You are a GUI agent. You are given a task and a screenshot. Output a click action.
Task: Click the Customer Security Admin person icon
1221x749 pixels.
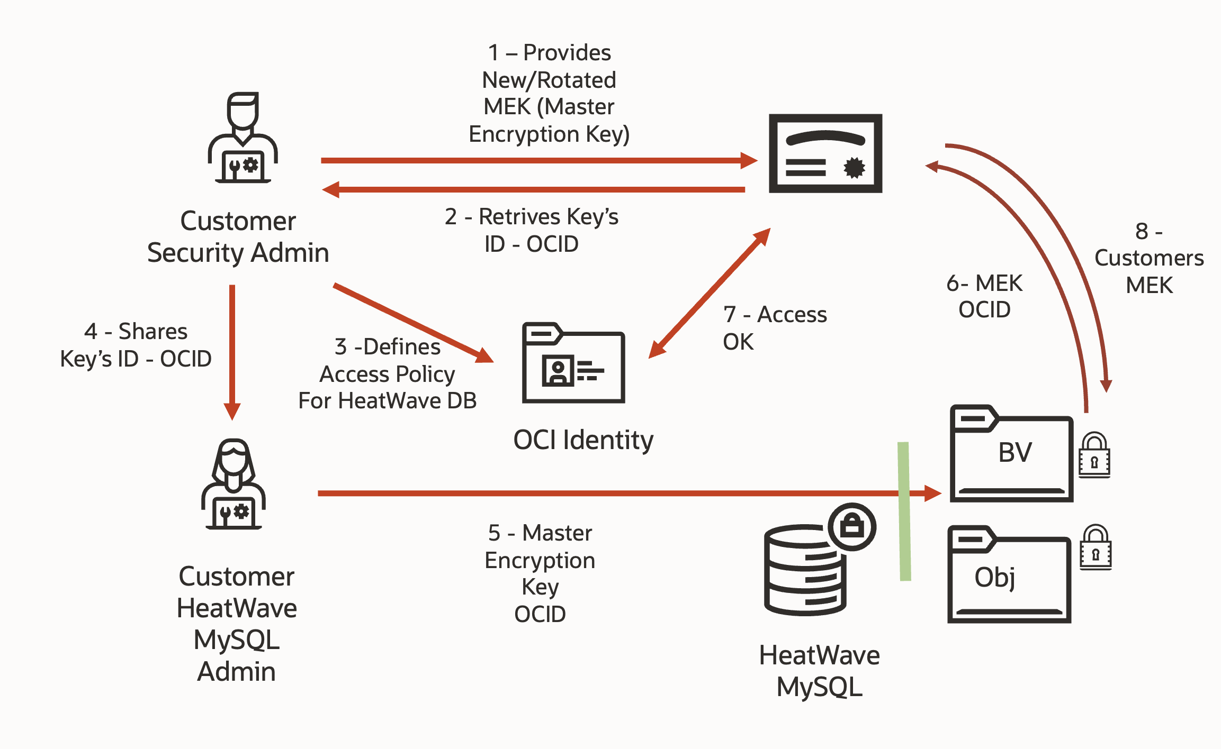tap(243, 139)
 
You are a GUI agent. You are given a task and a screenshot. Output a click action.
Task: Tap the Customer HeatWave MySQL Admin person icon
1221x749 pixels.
tap(233, 484)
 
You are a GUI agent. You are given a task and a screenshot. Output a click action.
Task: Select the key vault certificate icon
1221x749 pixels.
tap(825, 153)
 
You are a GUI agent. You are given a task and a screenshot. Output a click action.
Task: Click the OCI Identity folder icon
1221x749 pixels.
tap(573, 363)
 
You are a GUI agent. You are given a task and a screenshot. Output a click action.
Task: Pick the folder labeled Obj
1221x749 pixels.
tap(1009, 576)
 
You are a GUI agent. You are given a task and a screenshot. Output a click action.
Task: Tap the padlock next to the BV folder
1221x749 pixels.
tap(1094, 455)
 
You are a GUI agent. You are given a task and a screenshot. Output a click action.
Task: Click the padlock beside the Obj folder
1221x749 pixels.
tap(1095, 547)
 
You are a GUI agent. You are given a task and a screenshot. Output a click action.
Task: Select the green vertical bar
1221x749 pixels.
tap(904, 511)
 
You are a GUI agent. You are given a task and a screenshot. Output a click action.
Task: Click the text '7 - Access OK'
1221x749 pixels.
tap(774, 328)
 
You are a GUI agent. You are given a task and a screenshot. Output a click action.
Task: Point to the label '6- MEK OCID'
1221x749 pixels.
tap(984, 297)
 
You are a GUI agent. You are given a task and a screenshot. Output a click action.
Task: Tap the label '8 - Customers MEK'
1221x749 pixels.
tap(1148, 258)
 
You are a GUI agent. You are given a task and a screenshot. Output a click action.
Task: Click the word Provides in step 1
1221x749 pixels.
tap(567, 53)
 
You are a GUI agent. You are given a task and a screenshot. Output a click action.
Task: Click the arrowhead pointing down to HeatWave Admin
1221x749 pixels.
tap(232, 410)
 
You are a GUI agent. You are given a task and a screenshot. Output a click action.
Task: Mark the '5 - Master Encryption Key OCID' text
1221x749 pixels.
tap(540, 573)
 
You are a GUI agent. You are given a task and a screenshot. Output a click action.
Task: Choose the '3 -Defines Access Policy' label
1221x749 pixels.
tap(387, 373)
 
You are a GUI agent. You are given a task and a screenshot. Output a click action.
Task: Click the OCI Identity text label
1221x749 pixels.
tap(583, 440)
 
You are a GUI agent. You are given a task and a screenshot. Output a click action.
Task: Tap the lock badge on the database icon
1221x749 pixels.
tap(852, 526)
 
